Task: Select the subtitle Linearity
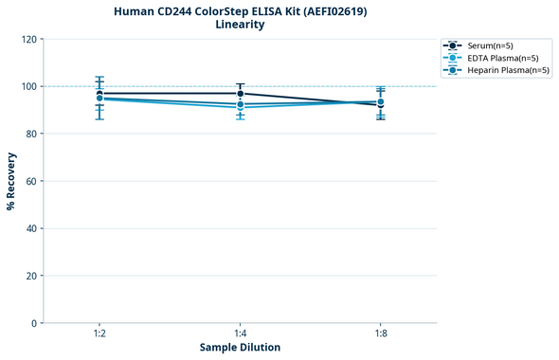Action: [x=240, y=25]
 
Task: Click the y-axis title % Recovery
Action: [x=11, y=180]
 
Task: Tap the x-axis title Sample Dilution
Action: [x=240, y=348]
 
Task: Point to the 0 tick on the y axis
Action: [x=33, y=323]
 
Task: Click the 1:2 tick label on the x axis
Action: [x=99, y=334]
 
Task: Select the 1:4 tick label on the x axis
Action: [x=240, y=334]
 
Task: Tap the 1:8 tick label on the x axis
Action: [x=380, y=334]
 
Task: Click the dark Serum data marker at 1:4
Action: [x=240, y=94]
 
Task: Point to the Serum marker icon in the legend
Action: [x=454, y=45]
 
